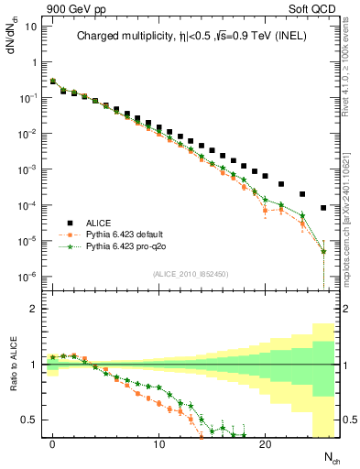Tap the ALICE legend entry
[x=99, y=222]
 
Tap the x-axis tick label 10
[x=159, y=444]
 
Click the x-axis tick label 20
[x=266, y=444]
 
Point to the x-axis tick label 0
[x=53, y=444]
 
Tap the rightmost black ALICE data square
[x=323, y=208]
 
